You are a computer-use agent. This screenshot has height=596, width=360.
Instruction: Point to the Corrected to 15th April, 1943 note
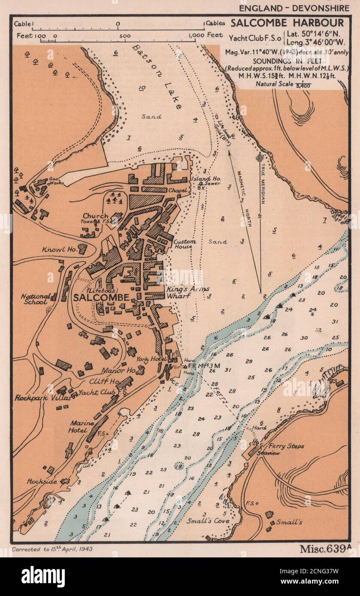pos(52,549)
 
